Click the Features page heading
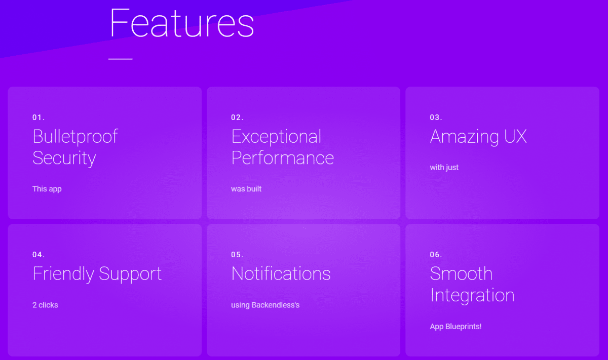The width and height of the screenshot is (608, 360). pyautogui.click(x=182, y=23)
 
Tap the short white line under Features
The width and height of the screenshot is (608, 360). pyautogui.click(x=120, y=59)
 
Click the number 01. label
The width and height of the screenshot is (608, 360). pyautogui.click(x=39, y=117)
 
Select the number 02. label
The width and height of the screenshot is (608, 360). pyautogui.click(x=237, y=117)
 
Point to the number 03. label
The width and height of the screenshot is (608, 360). pyautogui.click(x=436, y=117)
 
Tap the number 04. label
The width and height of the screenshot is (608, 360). pyautogui.click(x=39, y=255)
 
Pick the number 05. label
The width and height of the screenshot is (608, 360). pyautogui.click(x=237, y=255)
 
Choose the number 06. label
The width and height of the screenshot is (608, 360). pyautogui.click(x=436, y=255)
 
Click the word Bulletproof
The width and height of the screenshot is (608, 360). pyautogui.click(x=75, y=137)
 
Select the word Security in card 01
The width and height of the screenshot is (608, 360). pyautogui.click(x=64, y=158)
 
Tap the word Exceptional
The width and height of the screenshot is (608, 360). pyautogui.click(x=276, y=137)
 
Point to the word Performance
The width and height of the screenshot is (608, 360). pyautogui.click(x=283, y=158)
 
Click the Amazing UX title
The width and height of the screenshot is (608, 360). pyautogui.click(x=478, y=137)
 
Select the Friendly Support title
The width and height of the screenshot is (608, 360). pyautogui.click(x=97, y=274)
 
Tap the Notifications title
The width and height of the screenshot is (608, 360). pyautogui.click(x=281, y=273)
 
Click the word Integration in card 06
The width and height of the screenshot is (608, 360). pyautogui.click(x=472, y=296)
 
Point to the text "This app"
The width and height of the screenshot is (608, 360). pyautogui.click(x=47, y=189)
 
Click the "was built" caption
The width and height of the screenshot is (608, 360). pyautogui.click(x=246, y=189)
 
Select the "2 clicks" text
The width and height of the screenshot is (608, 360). pyautogui.click(x=45, y=305)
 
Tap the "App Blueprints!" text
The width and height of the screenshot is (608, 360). pyautogui.click(x=455, y=327)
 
